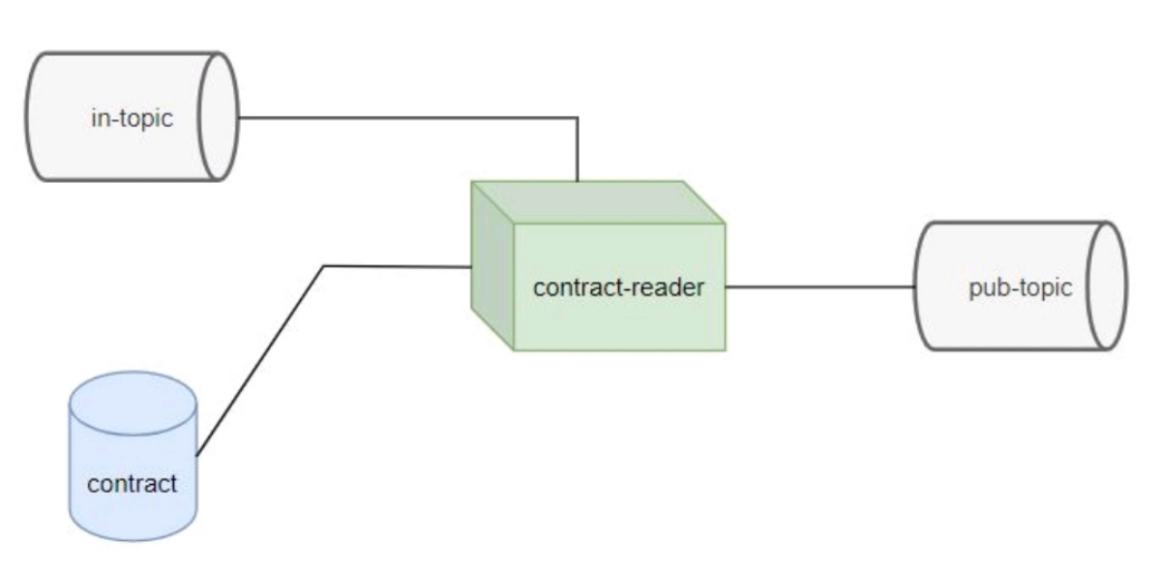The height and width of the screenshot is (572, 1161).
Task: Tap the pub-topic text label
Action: coord(1020,289)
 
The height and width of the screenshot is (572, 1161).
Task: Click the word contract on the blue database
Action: coord(133,482)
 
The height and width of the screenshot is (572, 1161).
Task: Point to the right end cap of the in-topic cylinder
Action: coord(218,116)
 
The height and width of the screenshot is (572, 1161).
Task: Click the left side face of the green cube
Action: coord(491,271)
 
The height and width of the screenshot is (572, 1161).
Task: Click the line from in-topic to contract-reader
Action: coord(406,118)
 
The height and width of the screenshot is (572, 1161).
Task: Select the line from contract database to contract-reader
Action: coord(261,358)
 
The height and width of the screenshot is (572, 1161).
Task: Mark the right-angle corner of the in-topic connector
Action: coord(578,118)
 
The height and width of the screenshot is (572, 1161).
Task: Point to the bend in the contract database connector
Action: coord(324,266)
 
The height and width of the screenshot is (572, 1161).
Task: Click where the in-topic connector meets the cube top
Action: coord(578,181)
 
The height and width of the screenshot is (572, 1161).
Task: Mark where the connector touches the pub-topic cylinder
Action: coord(915,286)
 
